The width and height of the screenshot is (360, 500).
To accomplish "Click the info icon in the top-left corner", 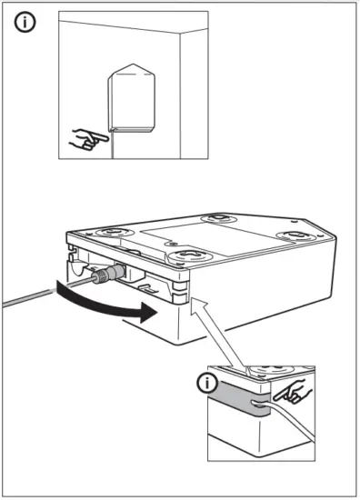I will (27, 25).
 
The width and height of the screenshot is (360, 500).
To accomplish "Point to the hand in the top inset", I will (88, 139).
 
